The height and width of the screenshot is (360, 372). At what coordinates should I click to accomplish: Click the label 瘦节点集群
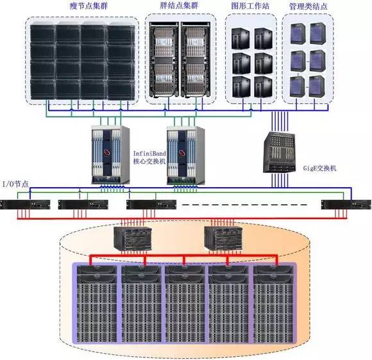tap(89, 6)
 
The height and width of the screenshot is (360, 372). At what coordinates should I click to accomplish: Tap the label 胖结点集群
tap(179, 5)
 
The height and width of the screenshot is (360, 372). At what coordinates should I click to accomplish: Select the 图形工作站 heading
tap(250, 6)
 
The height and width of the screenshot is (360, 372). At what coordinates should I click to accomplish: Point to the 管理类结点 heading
tap(308, 6)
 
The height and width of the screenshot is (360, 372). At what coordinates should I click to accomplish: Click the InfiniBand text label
tap(149, 153)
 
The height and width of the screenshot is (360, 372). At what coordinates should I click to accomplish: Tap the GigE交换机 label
tap(320, 168)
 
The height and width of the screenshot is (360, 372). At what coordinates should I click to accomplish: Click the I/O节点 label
tap(15, 184)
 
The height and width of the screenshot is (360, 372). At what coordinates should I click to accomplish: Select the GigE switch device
tap(280, 152)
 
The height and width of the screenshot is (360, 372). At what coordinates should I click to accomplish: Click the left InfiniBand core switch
tap(110, 155)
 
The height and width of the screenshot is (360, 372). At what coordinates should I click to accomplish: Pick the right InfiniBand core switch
tap(186, 156)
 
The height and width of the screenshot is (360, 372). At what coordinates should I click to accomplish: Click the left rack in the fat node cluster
tap(164, 60)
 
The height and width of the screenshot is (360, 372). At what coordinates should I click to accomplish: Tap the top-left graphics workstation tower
tap(241, 38)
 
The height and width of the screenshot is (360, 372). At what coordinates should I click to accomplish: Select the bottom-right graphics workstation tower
tap(263, 86)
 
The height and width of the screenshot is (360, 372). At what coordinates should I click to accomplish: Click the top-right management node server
tap(318, 33)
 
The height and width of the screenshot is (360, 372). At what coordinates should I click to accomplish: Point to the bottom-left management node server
tap(298, 86)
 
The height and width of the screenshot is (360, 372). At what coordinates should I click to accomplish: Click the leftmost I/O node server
tap(25, 205)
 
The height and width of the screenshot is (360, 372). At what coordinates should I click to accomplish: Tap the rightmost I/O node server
tap(346, 205)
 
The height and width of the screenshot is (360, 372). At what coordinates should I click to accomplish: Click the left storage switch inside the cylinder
tap(133, 239)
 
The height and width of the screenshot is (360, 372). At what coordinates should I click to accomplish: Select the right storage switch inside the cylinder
tap(223, 238)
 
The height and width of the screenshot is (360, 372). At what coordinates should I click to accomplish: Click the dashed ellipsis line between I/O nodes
tap(244, 205)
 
